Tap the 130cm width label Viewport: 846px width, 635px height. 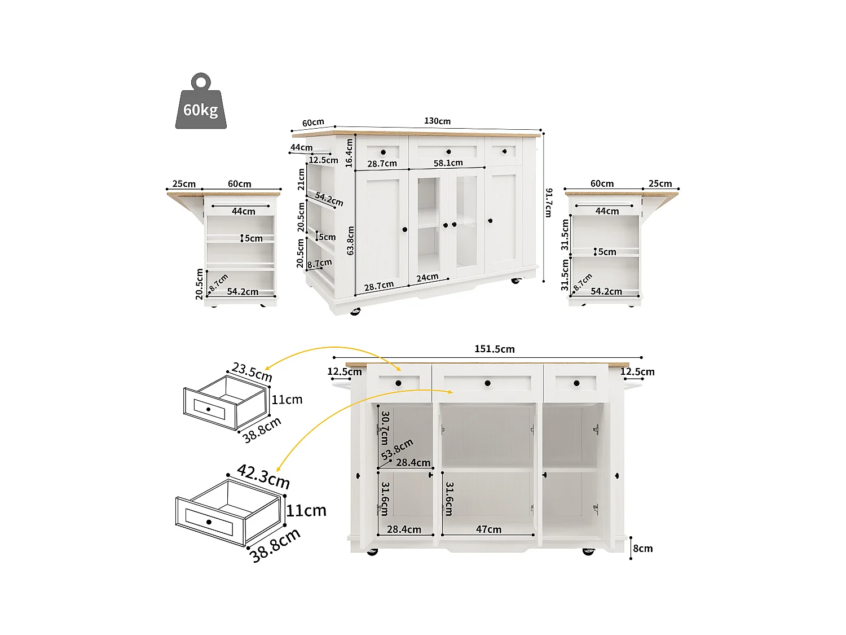pyautogui.click(x=437, y=121)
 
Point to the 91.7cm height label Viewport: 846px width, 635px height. pyautogui.click(x=548, y=203)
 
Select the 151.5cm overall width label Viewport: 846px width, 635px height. pyautogui.click(x=494, y=349)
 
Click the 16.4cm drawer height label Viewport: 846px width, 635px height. pyautogui.click(x=349, y=153)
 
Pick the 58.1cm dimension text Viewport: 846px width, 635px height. pyautogui.click(x=448, y=163)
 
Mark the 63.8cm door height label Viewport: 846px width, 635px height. pyautogui.click(x=350, y=240)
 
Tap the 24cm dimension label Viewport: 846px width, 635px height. pyautogui.click(x=428, y=277)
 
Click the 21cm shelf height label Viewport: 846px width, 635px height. pyautogui.click(x=301, y=179)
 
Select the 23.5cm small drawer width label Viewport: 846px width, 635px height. pyautogui.click(x=252, y=373)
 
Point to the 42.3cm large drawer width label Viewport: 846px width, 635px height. pyautogui.click(x=263, y=476)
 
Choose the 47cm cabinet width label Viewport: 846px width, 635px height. pyautogui.click(x=488, y=529)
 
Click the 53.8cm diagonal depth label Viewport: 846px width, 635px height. pyautogui.click(x=397, y=449)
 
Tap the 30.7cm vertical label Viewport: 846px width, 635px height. pyautogui.click(x=385, y=427)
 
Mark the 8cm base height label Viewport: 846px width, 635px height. pyautogui.click(x=642, y=548)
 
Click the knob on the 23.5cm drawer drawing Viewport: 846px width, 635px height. pyautogui.click(x=209, y=409)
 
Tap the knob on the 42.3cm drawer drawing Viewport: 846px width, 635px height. pyautogui.click(x=209, y=522)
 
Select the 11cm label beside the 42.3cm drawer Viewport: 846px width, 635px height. pyautogui.click(x=306, y=510)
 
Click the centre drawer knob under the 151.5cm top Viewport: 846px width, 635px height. pyautogui.click(x=487, y=384)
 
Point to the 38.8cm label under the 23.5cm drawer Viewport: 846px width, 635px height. pyautogui.click(x=262, y=430)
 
